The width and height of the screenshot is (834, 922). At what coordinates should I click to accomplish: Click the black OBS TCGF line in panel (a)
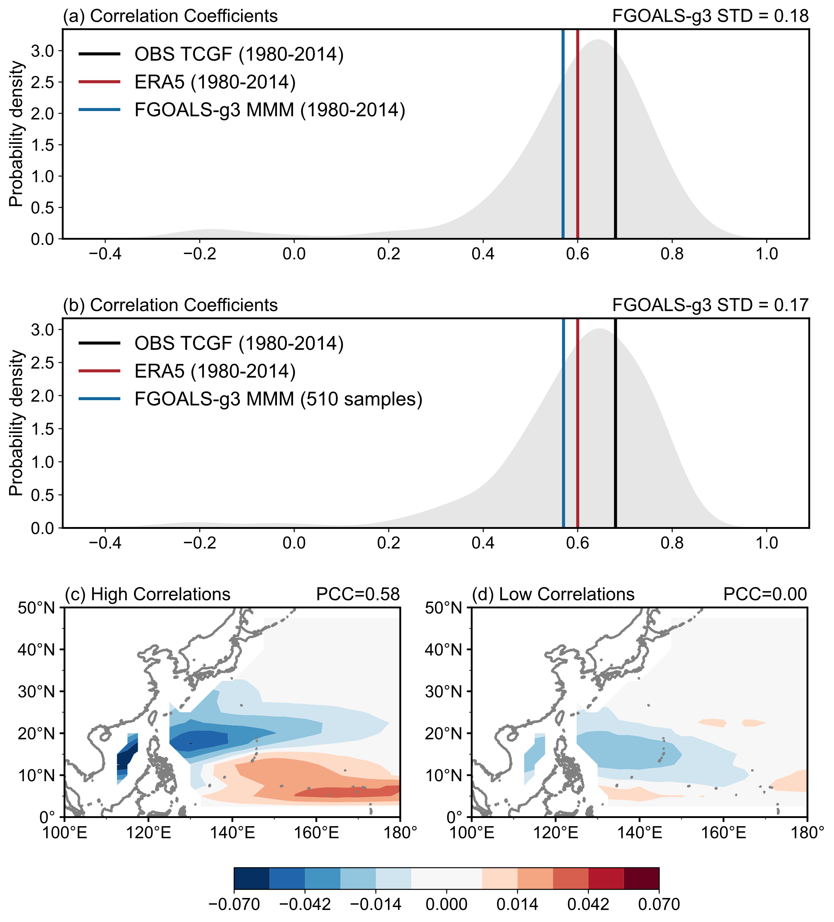(x=615, y=137)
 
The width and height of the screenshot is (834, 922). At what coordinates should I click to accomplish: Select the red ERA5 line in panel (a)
(x=578, y=137)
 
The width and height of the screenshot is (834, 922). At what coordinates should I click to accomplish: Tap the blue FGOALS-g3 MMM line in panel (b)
(x=563, y=425)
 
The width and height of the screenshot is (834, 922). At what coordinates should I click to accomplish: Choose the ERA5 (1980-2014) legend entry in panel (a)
(x=214, y=82)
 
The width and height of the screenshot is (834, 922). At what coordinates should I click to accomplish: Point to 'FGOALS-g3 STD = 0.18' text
(x=710, y=16)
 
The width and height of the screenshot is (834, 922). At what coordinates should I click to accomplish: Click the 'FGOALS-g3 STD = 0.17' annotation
(x=710, y=305)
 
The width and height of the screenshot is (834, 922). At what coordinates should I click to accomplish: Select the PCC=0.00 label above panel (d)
(x=765, y=594)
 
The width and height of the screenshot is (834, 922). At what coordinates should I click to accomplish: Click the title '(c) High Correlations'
(x=147, y=594)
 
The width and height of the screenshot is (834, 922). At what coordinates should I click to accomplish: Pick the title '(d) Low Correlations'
(x=553, y=594)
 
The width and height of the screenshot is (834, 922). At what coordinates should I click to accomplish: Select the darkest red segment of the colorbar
(x=641, y=878)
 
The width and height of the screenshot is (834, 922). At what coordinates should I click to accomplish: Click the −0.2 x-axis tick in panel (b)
(x=200, y=543)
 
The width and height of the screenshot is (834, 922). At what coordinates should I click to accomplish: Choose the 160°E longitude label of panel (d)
(x=723, y=832)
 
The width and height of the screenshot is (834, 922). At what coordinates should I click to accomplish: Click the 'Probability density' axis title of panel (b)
(x=16, y=423)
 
